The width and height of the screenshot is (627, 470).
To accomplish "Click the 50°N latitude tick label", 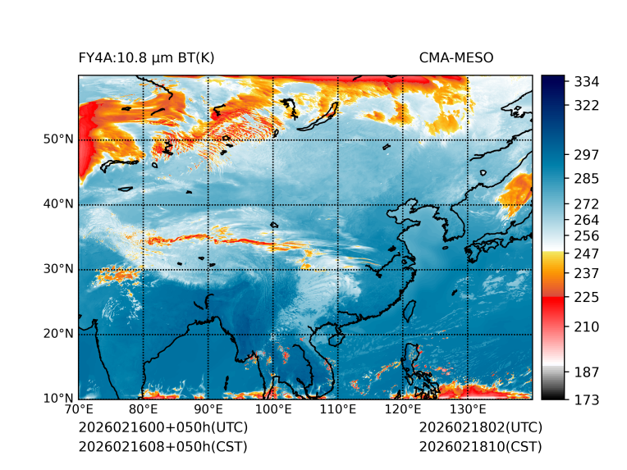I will pyautogui.click(x=58, y=139).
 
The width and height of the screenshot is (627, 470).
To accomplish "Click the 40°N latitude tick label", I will pyautogui.click(x=58, y=204).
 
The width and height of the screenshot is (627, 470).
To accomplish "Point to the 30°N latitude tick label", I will pyautogui.click(x=58, y=269).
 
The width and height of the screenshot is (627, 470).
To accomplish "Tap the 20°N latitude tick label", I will pyautogui.click(x=58, y=334).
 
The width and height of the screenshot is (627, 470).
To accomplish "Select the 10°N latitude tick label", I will pyautogui.click(x=58, y=399).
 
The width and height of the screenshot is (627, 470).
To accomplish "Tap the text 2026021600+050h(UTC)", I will pyautogui.click(x=162, y=427).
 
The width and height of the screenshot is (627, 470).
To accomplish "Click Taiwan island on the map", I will pyautogui.click(x=409, y=309).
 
